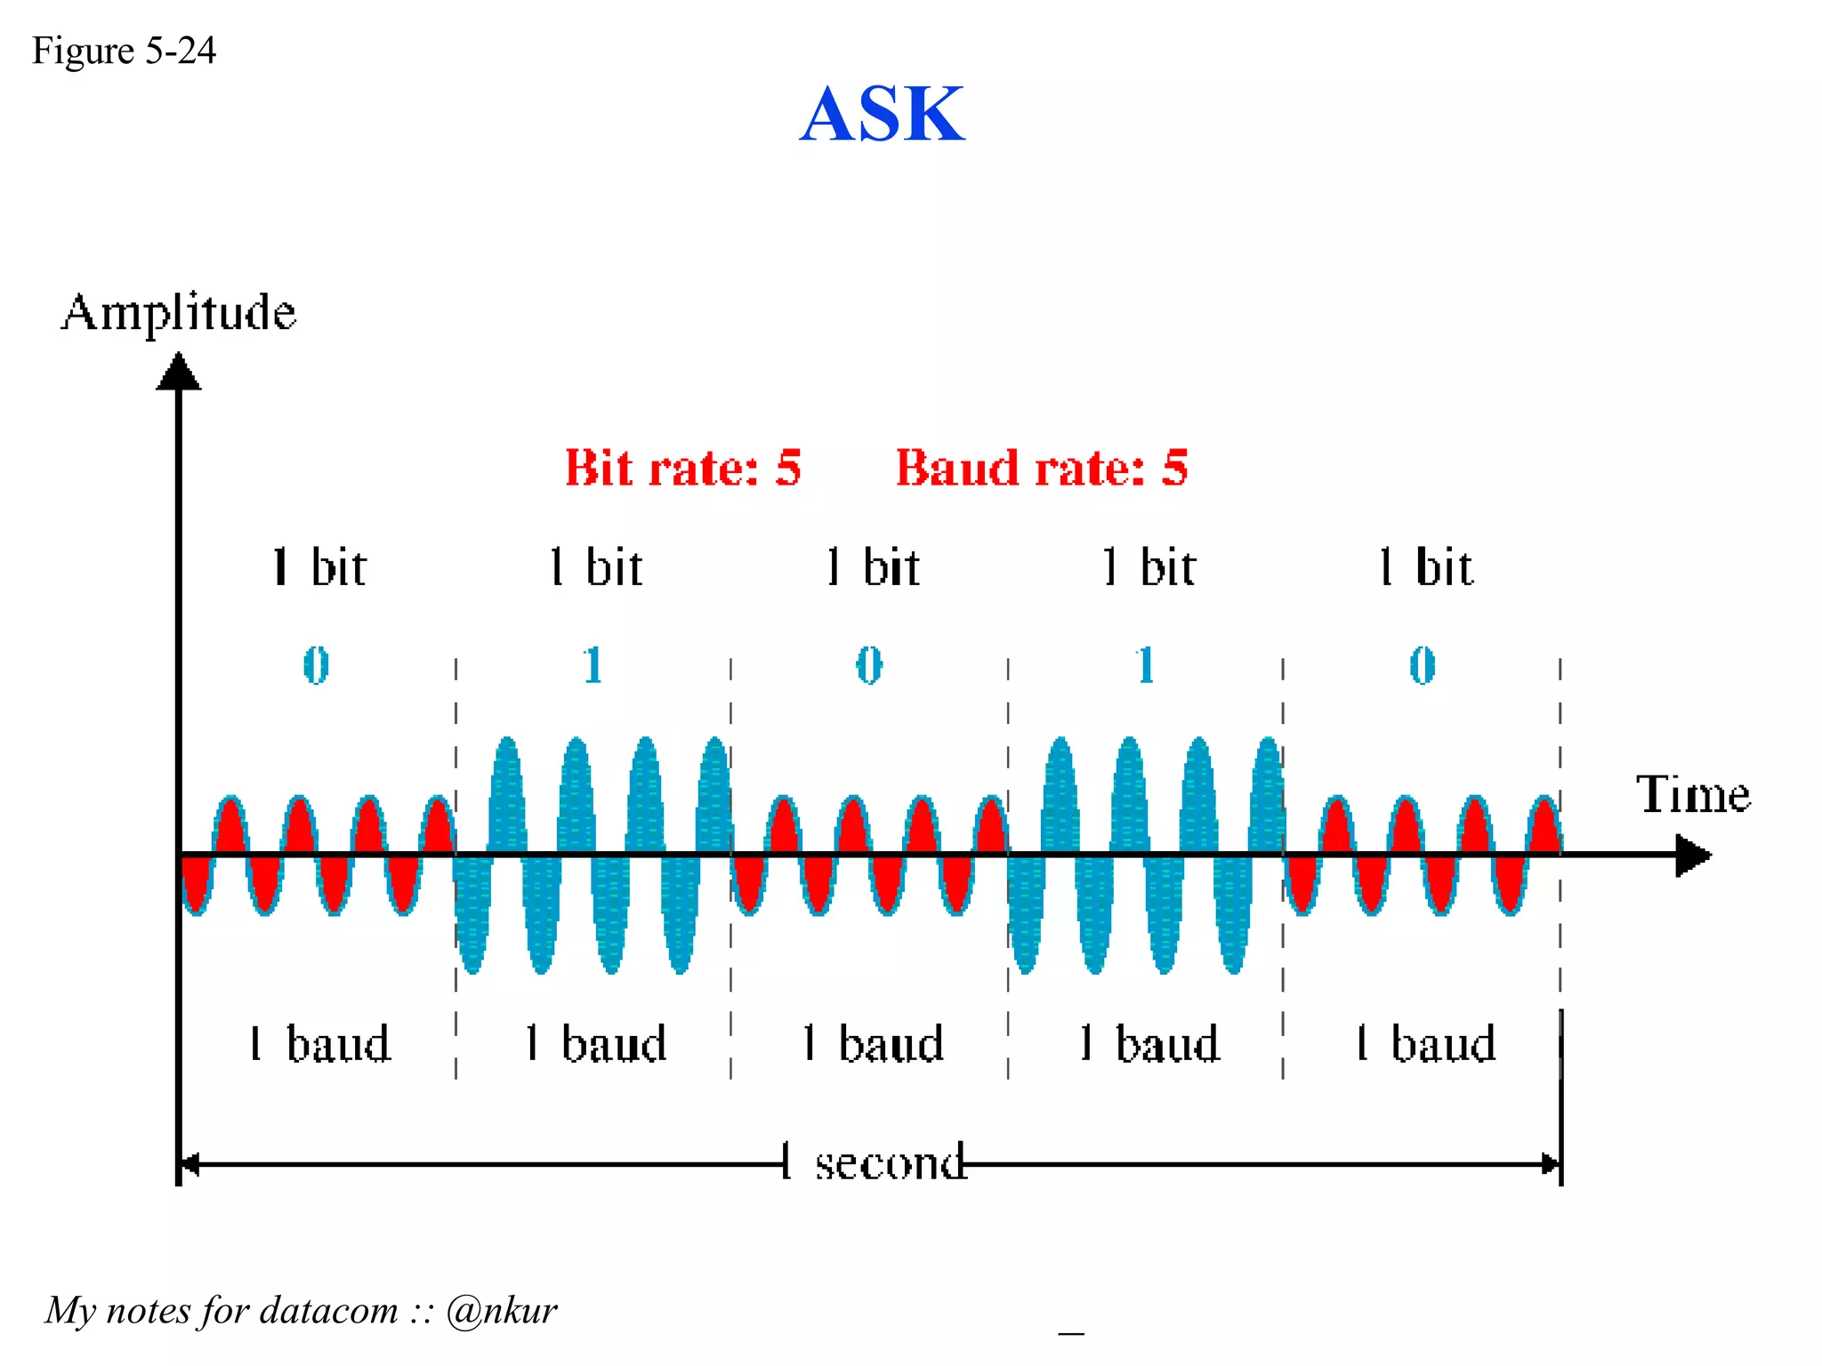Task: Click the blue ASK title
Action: [882, 115]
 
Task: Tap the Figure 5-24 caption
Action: [124, 51]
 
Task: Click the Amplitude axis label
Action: [178, 312]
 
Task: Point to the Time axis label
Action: [1692, 794]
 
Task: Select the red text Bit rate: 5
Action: [683, 468]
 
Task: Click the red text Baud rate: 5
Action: [1041, 468]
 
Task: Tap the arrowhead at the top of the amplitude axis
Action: [179, 372]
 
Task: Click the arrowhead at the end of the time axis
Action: [1691, 855]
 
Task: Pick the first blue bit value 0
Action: [316, 665]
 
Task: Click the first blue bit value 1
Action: [593, 665]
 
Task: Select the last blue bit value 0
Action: [1422, 665]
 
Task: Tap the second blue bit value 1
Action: [1145, 665]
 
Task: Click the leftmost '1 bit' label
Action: [319, 567]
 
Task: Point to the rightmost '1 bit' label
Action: [1425, 567]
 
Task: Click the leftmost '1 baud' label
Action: [319, 1043]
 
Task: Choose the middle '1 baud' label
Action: [873, 1043]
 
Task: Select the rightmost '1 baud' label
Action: [1425, 1043]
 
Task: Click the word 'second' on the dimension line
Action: [890, 1163]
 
